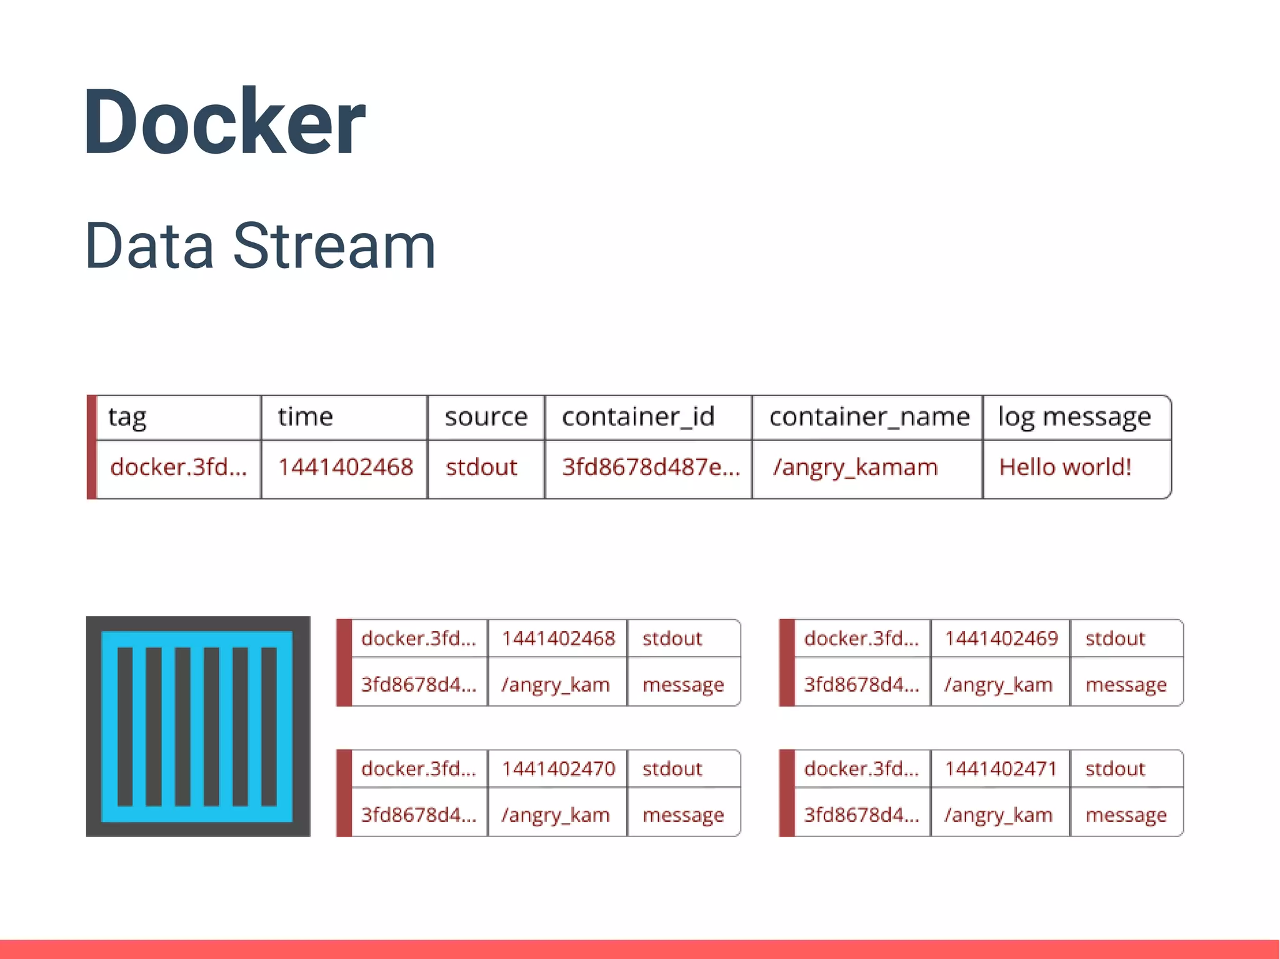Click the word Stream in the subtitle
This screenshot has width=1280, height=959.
coord(334,247)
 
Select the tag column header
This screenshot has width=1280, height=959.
coord(127,417)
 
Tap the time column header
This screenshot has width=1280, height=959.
coord(305,417)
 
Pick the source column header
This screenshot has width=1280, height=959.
coord(486,417)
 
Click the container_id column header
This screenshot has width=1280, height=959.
coord(637,417)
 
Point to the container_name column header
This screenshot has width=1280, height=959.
coord(869,417)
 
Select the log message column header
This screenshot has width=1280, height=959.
coord(1074,417)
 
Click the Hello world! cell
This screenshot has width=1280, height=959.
coord(1065,467)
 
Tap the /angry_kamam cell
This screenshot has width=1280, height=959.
coord(855,467)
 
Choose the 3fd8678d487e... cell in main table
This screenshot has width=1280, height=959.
coord(650,467)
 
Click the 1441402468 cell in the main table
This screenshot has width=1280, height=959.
coord(345,467)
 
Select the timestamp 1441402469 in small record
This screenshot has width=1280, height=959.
coord(1001,638)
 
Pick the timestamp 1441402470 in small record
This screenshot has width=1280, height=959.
coord(558,768)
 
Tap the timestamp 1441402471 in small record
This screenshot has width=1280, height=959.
coord(1001,768)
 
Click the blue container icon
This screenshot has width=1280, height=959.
coord(197,726)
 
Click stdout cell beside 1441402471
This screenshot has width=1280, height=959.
coord(1115,768)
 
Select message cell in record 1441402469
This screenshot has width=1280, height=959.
coord(1126,685)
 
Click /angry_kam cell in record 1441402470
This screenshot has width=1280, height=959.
coord(555,815)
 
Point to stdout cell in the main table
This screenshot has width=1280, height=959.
coord(481,467)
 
